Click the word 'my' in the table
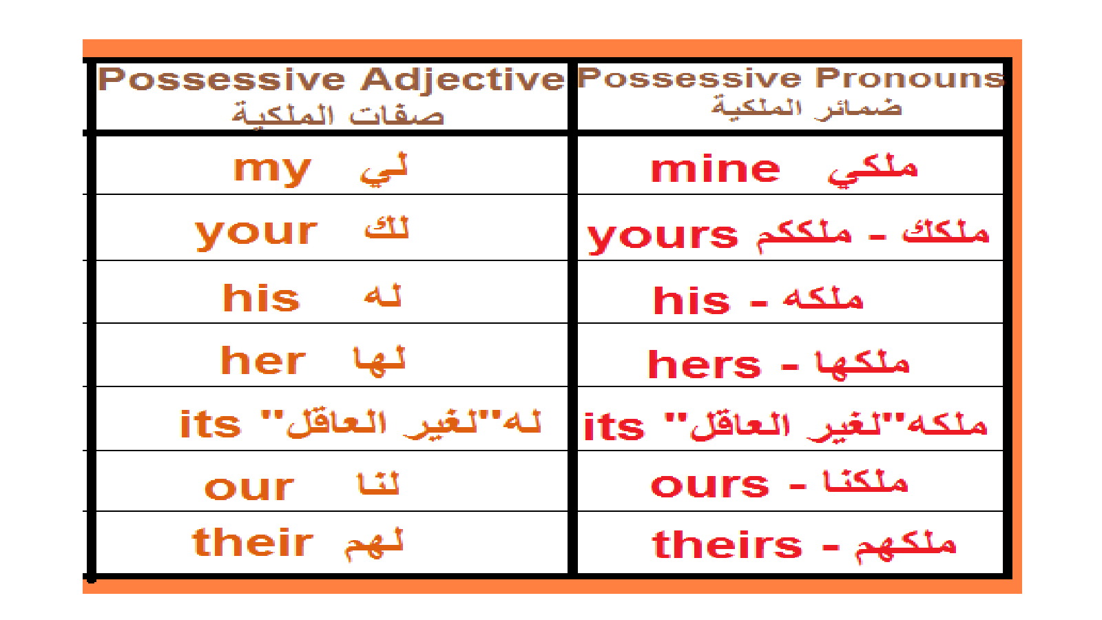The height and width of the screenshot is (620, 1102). click(272, 170)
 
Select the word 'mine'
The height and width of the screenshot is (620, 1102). click(716, 169)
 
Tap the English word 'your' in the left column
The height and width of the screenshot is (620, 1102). click(256, 234)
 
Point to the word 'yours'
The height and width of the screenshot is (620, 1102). click(663, 237)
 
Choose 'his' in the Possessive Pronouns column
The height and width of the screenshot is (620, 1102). click(692, 300)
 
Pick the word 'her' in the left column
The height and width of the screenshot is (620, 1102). click(263, 360)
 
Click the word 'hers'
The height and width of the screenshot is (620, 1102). click(704, 364)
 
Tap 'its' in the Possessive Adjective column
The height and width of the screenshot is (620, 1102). click(210, 424)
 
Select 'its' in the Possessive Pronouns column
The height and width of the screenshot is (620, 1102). click(614, 426)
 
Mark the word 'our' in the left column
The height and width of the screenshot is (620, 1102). click(249, 488)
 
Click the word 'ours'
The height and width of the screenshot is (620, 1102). click(709, 485)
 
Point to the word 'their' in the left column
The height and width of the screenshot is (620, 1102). click(252, 542)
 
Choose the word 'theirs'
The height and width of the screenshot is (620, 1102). click(727, 545)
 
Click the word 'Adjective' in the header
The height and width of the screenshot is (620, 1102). click(462, 80)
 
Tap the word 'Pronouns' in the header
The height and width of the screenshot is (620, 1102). click(909, 78)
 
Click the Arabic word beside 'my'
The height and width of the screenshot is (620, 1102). click(384, 169)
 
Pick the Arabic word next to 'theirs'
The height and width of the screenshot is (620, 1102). click(905, 546)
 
